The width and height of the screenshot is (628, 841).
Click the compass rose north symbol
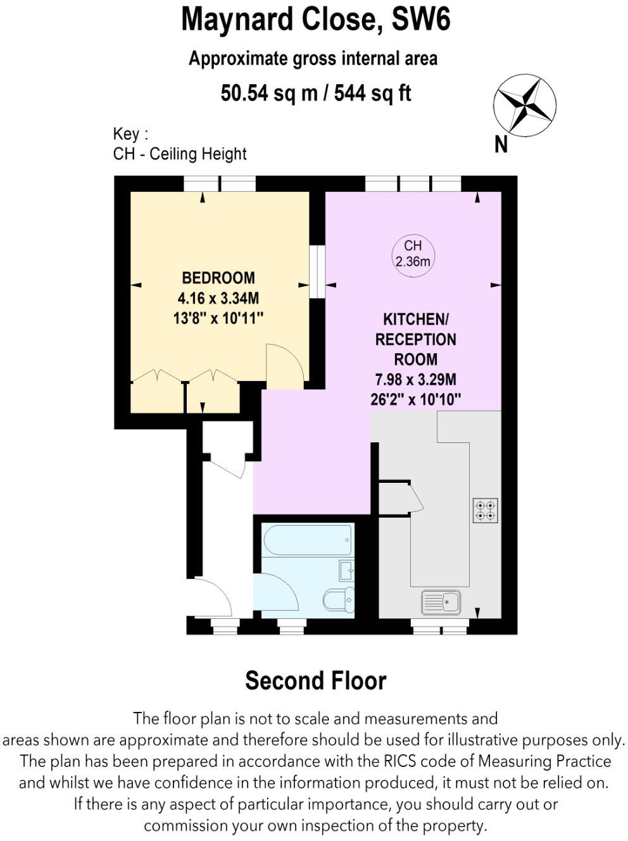click(x=524, y=106)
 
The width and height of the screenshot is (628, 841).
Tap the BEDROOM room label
click(x=218, y=278)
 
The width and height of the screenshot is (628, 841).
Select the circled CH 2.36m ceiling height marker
click(x=413, y=254)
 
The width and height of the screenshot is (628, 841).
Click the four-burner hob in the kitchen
click(x=486, y=511)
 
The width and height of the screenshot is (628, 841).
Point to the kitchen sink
click(x=441, y=602)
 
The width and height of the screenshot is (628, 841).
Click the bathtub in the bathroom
click(x=307, y=540)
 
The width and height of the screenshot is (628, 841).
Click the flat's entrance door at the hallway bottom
click(x=212, y=597)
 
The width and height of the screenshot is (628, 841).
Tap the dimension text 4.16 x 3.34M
click(x=218, y=298)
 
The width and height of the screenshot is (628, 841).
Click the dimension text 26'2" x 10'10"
click(x=415, y=400)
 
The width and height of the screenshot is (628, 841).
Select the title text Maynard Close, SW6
click(x=315, y=20)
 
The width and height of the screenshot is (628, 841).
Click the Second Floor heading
click(x=315, y=681)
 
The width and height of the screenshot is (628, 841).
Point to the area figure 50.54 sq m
click(x=268, y=94)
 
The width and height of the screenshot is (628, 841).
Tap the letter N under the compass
click(x=501, y=145)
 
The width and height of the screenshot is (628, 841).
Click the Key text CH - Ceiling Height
click(x=180, y=154)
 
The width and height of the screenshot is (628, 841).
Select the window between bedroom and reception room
click(x=317, y=271)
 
